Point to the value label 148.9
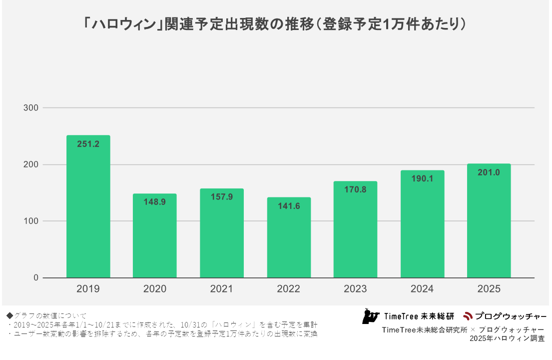pos(155,201)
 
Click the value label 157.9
pos(222,196)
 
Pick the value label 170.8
pos(355,189)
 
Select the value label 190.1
pos(422,178)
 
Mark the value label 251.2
pos(88,144)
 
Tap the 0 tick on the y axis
pos(36,278)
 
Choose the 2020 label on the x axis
pos(155,289)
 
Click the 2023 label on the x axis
pos(355,289)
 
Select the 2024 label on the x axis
pos(422,289)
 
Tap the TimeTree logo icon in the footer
pos(370,316)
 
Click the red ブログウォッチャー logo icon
pos(468,316)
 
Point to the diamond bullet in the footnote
pos(9,315)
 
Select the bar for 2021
pos(222,233)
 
